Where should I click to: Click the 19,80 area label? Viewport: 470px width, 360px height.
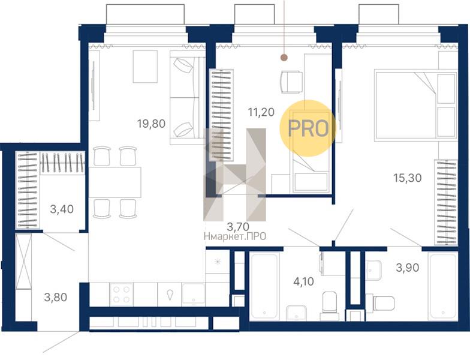tap(151, 124)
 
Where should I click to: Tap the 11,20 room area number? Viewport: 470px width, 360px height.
tap(261, 112)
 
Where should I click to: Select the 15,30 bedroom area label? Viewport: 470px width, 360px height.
tap(408, 178)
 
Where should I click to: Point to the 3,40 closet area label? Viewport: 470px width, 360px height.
tap(62, 209)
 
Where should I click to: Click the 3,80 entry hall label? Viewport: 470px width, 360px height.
tap(55, 298)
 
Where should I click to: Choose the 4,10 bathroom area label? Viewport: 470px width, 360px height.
tap(303, 281)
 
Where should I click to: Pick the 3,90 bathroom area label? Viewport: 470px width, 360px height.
tap(408, 268)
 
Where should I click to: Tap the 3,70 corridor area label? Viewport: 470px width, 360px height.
tap(239, 226)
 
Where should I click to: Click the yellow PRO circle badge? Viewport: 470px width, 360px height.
tap(308, 128)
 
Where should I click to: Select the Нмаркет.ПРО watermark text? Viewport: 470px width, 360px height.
tap(235, 236)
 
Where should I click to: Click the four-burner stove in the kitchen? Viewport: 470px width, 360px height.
tap(121, 295)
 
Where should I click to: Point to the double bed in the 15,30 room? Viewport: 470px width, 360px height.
tap(415, 104)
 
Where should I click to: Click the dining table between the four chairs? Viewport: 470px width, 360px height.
tap(115, 182)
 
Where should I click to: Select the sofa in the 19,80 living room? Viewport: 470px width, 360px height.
tap(187, 97)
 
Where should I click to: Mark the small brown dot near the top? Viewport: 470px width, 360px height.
tap(284, 58)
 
